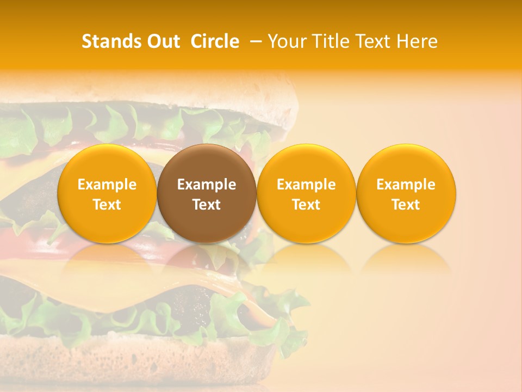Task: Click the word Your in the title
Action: (286, 41)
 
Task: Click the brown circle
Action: (207, 193)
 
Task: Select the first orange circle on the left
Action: (107, 193)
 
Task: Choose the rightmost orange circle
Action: (406, 193)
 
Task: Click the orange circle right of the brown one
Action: (306, 193)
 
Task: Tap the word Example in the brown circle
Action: (207, 185)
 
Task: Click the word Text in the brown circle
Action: (207, 205)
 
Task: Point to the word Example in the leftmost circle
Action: (107, 185)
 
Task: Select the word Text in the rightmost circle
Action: (406, 205)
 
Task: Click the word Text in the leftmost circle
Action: (107, 205)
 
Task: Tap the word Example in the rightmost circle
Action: (406, 185)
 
